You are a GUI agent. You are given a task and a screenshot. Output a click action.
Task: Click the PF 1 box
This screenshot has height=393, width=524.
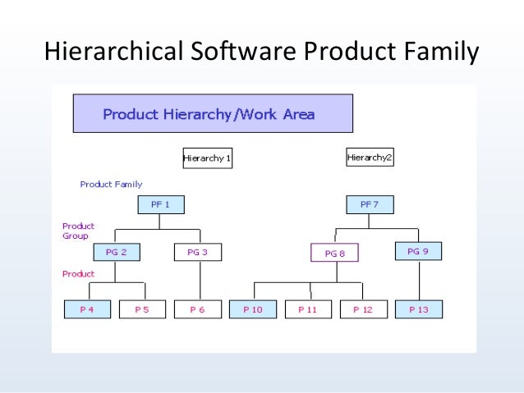click(x=161, y=204)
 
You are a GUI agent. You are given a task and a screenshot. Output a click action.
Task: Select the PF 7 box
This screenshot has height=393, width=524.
click(x=370, y=204)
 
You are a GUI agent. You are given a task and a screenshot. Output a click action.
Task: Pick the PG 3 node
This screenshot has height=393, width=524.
click(x=197, y=252)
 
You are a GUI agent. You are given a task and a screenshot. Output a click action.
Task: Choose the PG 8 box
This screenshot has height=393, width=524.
click(x=334, y=254)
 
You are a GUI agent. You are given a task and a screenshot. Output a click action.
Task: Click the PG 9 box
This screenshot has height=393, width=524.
click(x=418, y=251)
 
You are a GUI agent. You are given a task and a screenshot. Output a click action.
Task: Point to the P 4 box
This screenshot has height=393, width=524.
click(x=86, y=309)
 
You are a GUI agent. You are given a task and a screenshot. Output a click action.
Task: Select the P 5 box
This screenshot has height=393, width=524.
click(x=142, y=309)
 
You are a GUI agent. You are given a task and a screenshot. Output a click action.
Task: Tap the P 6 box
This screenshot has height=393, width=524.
click(x=197, y=309)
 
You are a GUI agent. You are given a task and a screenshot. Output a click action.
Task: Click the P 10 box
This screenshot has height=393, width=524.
click(x=253, y=309)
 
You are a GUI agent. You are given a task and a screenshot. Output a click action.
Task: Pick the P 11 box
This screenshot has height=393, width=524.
click(x=307, y=309)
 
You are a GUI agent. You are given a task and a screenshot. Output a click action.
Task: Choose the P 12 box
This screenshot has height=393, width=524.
click(x=362, y=309)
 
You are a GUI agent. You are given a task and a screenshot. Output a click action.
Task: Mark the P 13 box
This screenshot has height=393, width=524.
click(x=418, y=309)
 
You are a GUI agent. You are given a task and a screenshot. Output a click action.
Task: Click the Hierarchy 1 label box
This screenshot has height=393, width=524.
click(x=207, y=158)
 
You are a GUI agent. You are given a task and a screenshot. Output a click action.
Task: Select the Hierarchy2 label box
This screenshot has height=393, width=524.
click(x=370, y=157)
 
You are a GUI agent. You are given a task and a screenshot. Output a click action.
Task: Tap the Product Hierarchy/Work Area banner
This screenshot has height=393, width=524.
click(x=213, y=114)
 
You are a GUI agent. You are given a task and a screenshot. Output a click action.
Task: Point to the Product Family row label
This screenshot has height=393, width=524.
click(x=111, y=185)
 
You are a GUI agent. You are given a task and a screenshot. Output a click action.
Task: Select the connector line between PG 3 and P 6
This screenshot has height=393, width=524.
click(x=198, y=281)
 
